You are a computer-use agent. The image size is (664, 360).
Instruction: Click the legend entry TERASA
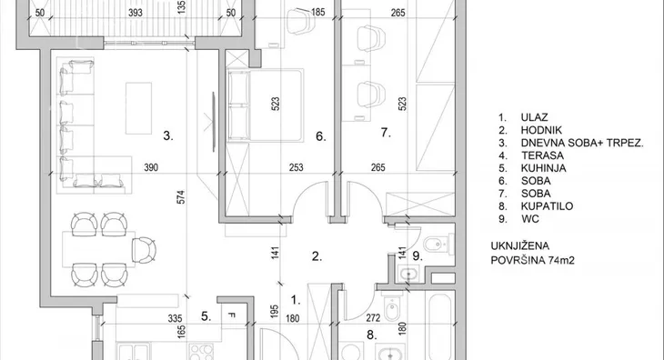[542, 155]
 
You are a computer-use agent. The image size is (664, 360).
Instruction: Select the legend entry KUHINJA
[543, 168]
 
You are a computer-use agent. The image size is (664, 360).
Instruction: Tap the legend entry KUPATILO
[547, 206]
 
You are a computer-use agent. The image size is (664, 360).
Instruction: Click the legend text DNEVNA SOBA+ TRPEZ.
[582, 143]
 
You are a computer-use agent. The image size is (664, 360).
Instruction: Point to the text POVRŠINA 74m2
[532, 260]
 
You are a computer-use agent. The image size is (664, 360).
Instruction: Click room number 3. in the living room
[168, 135]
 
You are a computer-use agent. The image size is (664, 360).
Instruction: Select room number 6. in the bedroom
[320, 136]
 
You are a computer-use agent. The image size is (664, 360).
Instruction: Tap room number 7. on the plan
[386, 133]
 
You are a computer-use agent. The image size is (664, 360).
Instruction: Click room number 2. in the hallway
[317, 256]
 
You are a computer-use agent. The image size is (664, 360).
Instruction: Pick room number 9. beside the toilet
[418, 256]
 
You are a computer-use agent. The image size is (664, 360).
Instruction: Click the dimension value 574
[181, 197]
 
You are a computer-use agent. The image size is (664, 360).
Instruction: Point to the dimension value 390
[151, 167]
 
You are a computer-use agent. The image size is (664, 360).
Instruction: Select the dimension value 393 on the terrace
[136, 13]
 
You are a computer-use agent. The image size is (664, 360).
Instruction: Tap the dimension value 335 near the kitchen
[175, 318]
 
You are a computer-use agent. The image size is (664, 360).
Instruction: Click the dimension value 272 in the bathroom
[373, 317]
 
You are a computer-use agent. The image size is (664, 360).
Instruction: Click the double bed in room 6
[266, 105]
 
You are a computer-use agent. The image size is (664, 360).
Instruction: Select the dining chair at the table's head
[144, 250]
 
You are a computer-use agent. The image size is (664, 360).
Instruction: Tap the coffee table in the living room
[138, 108]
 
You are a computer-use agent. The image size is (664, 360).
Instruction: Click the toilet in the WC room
[436, 244]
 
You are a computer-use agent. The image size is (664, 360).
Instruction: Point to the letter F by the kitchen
[231, 315]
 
